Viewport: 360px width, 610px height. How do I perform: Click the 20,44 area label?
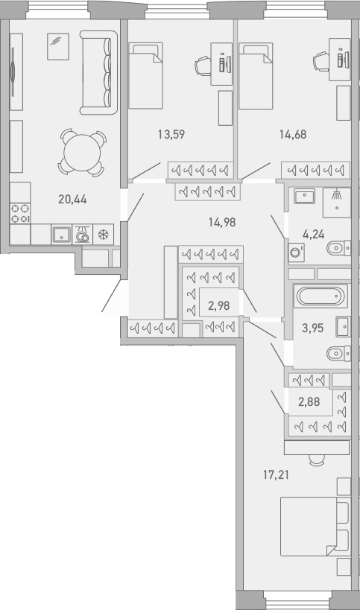[71, 199]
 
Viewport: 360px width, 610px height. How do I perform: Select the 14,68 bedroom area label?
[293, 135]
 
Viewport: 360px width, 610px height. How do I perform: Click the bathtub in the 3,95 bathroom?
[320, 296]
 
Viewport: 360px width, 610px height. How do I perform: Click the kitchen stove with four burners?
[20, 214]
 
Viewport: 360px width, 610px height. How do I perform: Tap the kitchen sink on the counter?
[60, 235]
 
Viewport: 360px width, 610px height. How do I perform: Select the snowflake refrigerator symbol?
[104, 235]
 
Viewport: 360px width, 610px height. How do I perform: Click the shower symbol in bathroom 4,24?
[338, 197]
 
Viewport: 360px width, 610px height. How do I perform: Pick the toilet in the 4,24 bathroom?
[340, 247]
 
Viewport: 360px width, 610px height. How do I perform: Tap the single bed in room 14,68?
[255, 75]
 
